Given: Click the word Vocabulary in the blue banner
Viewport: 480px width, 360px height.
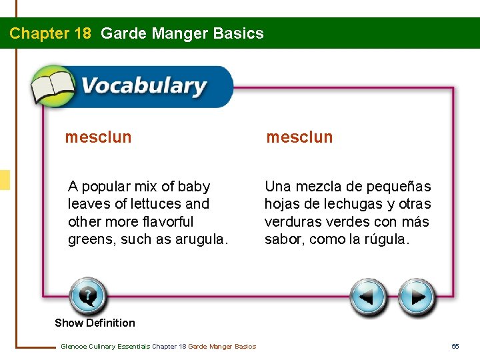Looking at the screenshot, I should click(143, 87).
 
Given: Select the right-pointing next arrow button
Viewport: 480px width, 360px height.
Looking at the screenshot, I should click(417, 297).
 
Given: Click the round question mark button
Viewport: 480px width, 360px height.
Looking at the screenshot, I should click(87, 296).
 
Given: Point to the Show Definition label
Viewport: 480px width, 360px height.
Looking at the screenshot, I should click(95, 323).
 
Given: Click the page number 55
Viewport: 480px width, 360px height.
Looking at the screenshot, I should click(455, 346).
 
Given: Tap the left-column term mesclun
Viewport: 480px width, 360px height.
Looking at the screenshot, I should click(98, 137).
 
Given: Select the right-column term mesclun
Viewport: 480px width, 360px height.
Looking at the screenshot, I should click(299, 137).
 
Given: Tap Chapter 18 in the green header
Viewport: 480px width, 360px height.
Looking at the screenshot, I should click(50, 33).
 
